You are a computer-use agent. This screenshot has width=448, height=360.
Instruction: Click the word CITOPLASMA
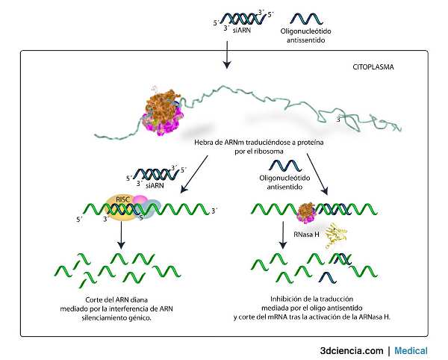point(373,66)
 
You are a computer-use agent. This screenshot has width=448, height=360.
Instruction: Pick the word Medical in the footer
point(411,350)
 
